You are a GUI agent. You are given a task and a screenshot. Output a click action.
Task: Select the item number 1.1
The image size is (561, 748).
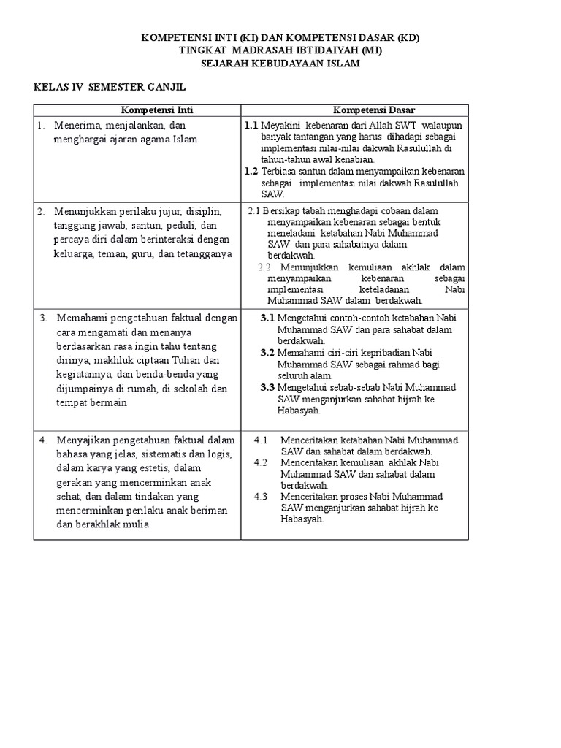coord(251,126)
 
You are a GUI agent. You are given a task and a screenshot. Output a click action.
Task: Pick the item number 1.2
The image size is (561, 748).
coord(251,171)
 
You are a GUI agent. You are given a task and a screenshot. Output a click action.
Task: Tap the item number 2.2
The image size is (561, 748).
coord(266,267)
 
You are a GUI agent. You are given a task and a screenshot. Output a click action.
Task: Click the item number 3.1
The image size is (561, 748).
coord(267,318)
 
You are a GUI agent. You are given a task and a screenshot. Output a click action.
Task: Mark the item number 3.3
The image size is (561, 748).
coord(267,387)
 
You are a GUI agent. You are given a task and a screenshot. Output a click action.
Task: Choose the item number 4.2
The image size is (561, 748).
coord(261,462)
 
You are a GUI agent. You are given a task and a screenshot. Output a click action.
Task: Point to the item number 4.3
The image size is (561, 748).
coord(261,497)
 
